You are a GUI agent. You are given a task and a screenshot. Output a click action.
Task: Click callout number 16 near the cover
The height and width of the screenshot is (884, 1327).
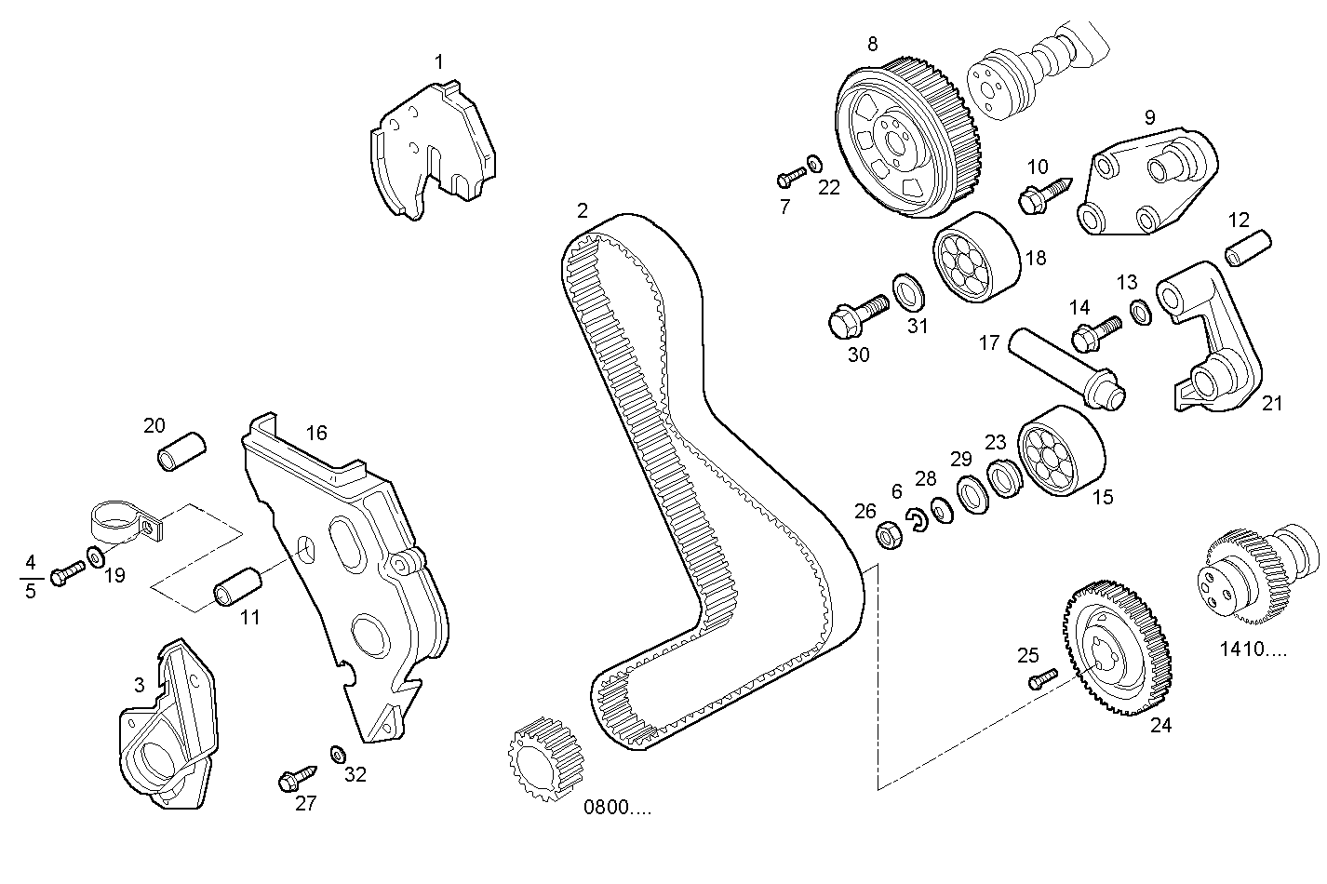point(316,433)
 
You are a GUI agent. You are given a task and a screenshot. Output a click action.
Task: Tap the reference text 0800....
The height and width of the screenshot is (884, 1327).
point(617,807)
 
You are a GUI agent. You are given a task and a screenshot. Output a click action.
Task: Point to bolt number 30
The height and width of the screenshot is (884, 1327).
point(856,315)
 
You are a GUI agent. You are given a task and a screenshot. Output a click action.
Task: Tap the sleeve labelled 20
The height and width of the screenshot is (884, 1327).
point(181,450)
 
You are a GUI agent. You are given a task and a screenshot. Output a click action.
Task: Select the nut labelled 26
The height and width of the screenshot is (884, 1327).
point(887,535)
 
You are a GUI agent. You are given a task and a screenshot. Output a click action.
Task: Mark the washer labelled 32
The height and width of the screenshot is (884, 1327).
point(338,752)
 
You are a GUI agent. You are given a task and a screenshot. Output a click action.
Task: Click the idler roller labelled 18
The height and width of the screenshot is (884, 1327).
point(974,258)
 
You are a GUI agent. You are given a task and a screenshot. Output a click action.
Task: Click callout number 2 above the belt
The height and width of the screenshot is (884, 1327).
point(583,210)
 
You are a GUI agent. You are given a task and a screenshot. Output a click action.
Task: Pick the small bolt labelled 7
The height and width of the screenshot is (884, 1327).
point(791,175)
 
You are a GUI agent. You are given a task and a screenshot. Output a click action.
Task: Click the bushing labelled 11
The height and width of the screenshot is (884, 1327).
point(239,585)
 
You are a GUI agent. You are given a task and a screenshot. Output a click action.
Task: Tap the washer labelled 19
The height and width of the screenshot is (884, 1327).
point(96,557)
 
